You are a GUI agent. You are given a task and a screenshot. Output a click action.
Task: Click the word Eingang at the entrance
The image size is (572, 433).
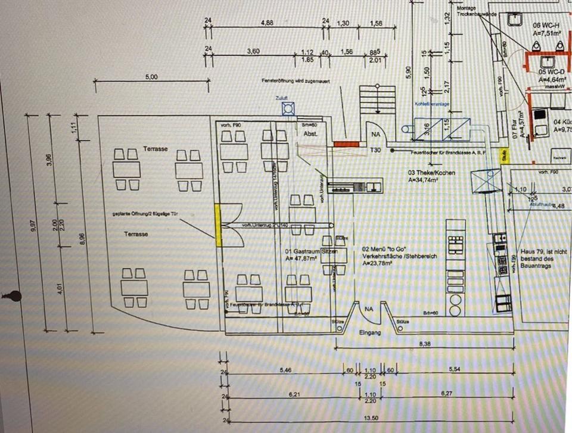coord(370,332)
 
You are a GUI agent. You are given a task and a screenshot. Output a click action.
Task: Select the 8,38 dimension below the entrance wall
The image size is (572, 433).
coord(425,344)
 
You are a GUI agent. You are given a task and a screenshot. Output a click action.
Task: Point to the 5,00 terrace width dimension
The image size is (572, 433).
coord(151,77)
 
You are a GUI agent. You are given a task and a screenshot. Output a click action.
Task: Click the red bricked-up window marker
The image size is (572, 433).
coord(346,144)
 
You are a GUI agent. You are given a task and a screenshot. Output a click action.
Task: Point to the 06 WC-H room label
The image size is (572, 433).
coord(546,26)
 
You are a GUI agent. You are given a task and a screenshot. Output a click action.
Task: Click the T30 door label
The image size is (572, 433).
coord(375,150)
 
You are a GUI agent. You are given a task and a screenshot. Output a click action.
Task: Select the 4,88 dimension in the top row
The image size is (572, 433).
coord(268,23)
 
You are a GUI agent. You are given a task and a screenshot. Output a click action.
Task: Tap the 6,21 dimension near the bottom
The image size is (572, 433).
coord(293,394)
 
